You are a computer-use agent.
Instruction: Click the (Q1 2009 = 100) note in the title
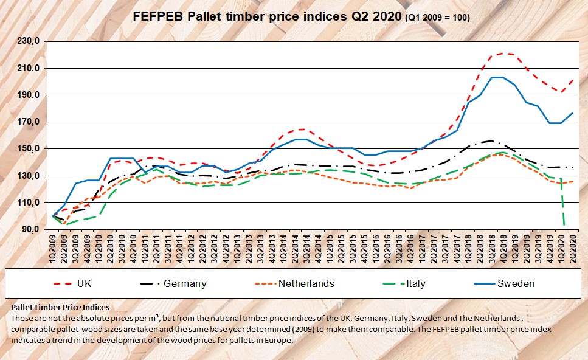coord(437,18)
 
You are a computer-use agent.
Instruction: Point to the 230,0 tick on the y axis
coord(29,41)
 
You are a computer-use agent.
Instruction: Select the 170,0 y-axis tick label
coord(29,122)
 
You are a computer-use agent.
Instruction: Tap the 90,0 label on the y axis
coord(30,230)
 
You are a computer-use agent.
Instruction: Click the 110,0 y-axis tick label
coord(29,203)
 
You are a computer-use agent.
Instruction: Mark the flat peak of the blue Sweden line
coord(497,77)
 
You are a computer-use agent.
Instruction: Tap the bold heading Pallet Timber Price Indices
coord(60,308)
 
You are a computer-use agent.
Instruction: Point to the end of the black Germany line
coord(572,167)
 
